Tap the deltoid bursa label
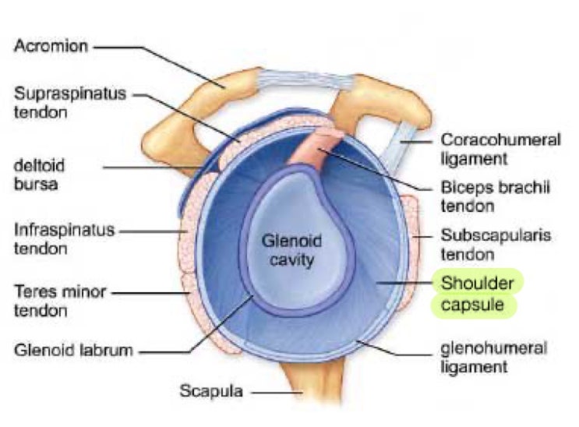pyautogui.click(x=38, y=175)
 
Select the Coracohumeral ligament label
pyautogui.click(x=500, y=149)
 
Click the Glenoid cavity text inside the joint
pyautogui.click(x=289, y=251)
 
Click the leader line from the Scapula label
pyautogui.click(x=273, y=390)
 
